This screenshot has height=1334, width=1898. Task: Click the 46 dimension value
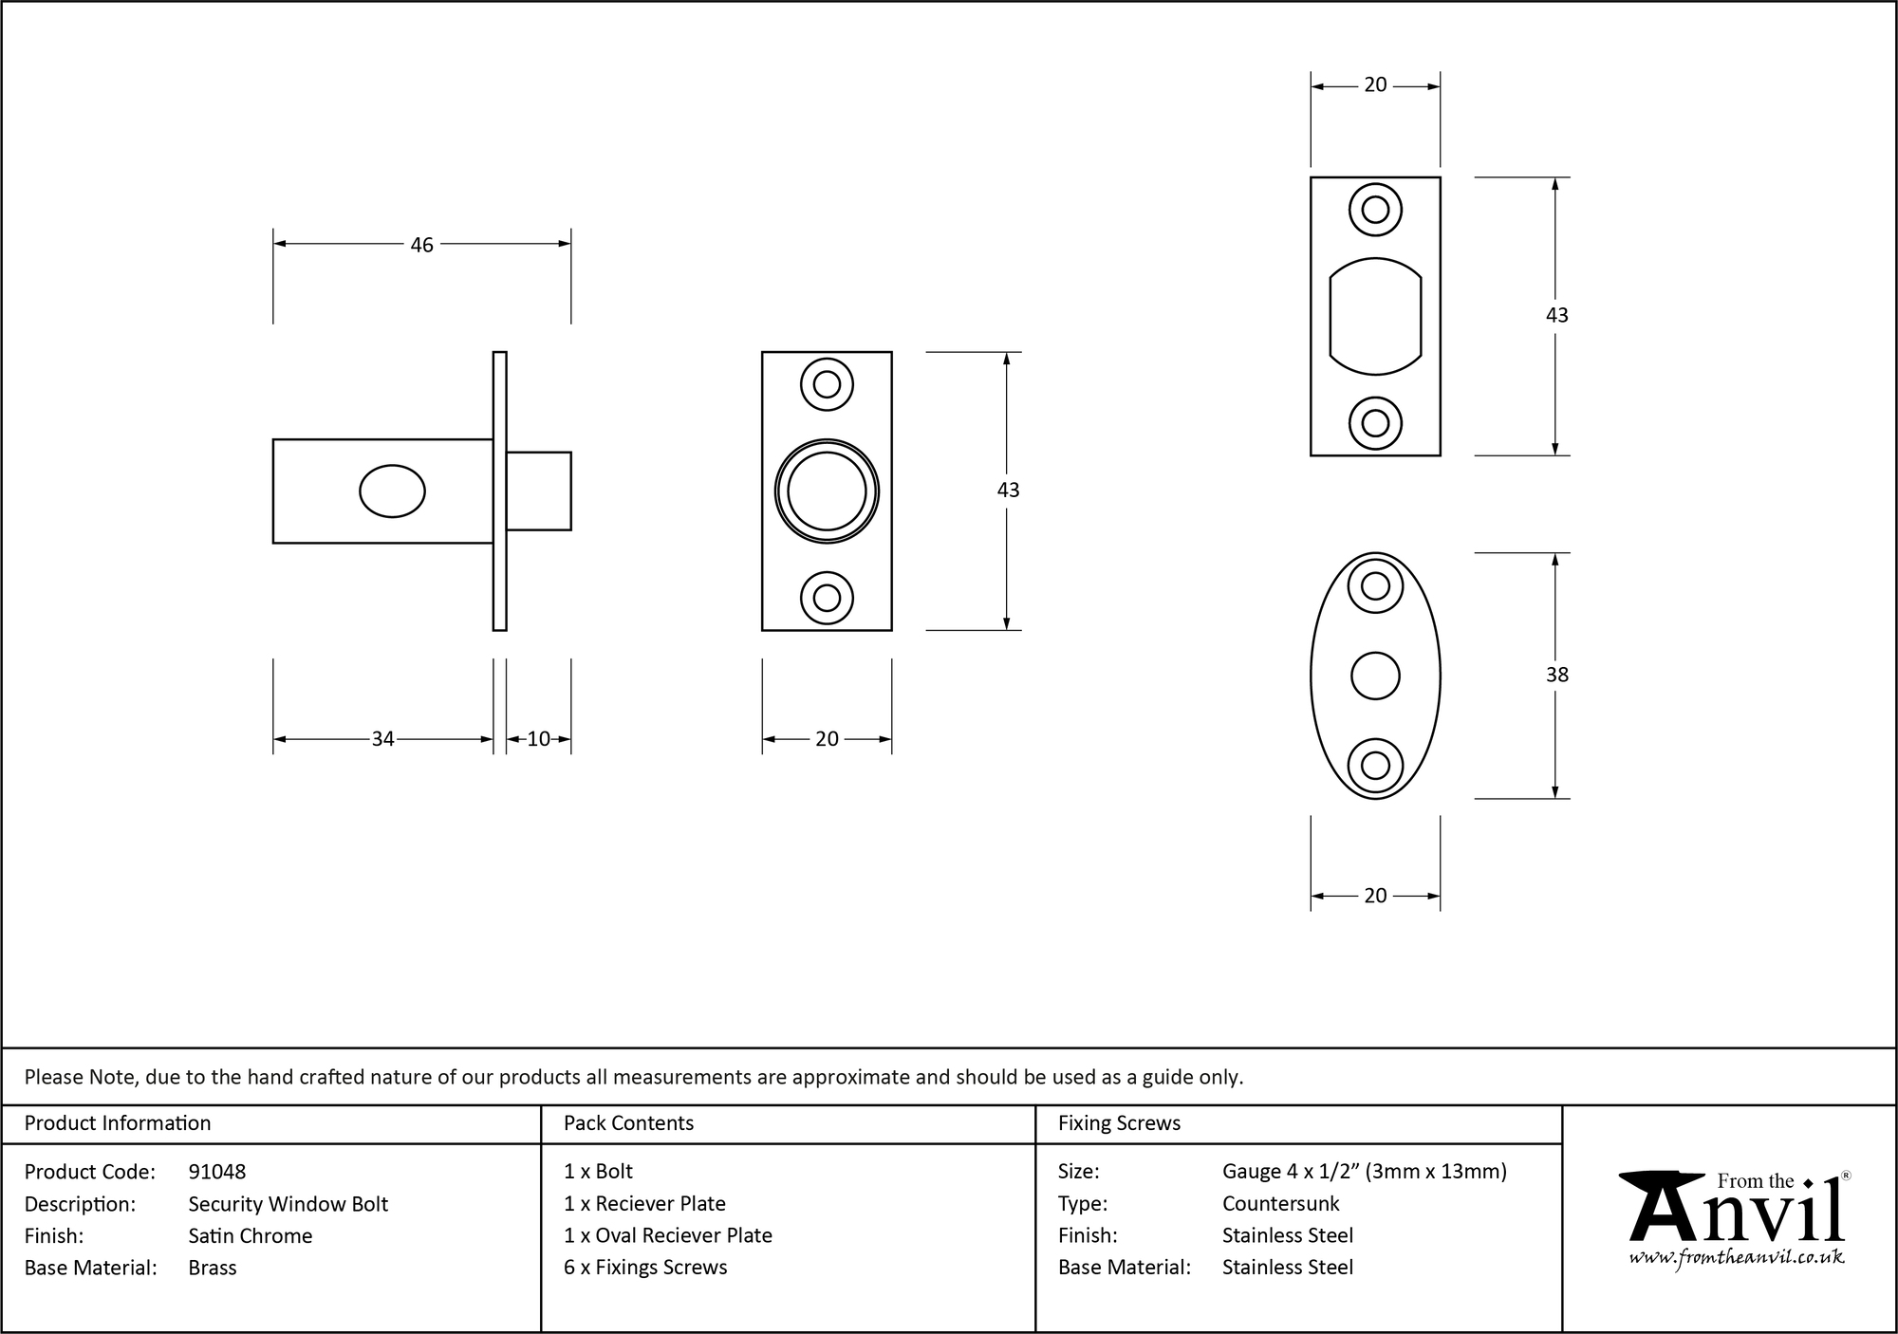pyautogui.click(x=421, y=245)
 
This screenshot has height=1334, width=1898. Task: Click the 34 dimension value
pyautogui.click(x=382, y=739)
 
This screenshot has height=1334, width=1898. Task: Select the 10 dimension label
pyautogui.click(x=538, y=739)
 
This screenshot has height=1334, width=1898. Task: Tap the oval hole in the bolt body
pyautogui.click(x=392, y=491)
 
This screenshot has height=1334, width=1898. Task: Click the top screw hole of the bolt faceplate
pyautogui.click(x=827, y=384)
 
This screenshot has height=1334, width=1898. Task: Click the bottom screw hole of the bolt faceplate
pyautogui.click(x=827, y=598)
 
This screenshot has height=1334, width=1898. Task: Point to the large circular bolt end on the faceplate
pyautogui.click(x=827, y=491)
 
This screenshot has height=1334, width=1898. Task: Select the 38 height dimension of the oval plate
pyautogui.click(x=1556, y=675)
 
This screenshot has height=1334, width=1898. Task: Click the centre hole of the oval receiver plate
pyautogui.click(x=1375, y=676)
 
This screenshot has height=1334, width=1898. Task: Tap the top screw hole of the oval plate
pyautogui.click(x=1375, y=586)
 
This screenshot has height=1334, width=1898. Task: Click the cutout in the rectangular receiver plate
pyautogui.click(x=1375, y=316)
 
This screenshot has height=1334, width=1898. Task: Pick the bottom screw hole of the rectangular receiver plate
pyautogui.click(x=1375, y=422)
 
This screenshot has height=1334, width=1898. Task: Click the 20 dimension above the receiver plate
pyautogui.click(x=1375, y=85)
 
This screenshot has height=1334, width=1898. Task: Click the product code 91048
pyautogui.click(x=217, y=1172)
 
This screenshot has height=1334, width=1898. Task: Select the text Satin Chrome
pyautogui.click(x=251, y=1235)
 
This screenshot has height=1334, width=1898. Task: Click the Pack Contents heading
pyautogui.click(x=628, y=1123)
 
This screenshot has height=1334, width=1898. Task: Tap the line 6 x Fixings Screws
pyautogui.click(x=645, y=1268)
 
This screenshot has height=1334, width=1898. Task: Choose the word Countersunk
pyautogui.click(x=1280, y=1204)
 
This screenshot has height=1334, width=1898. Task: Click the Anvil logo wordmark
pyautogui.click(x=1737, y=1211)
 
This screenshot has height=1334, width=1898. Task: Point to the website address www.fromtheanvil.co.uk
pyautogui.click(x=1737, y=1257)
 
